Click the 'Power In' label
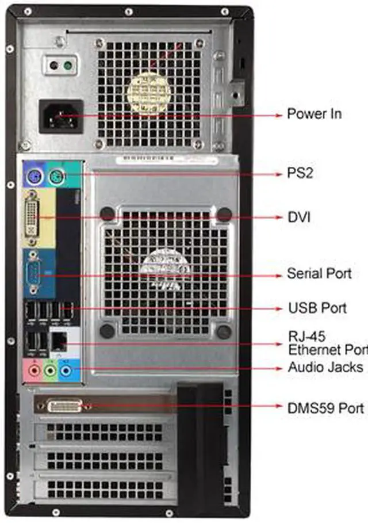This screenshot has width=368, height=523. point(314,114)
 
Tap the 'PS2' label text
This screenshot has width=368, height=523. point(300,173)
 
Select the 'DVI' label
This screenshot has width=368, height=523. point(299,217)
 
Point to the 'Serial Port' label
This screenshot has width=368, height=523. point(319,273)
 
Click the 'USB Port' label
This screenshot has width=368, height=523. point(317,308)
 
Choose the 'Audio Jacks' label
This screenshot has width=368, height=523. point(325,367)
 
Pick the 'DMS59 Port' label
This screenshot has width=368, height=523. point(325,407)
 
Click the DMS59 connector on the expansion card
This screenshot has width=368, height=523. point(64,406)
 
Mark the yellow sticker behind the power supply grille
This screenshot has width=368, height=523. point(148,91)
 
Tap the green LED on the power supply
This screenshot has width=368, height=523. point(68,66)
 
